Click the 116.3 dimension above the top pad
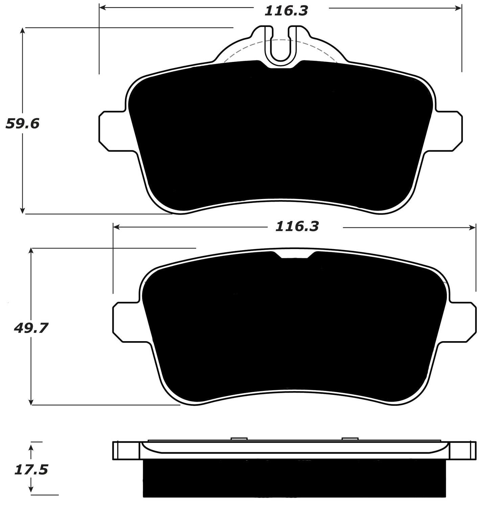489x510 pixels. pyautogui.click(x=286, y=11)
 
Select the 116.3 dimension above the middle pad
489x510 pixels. pyautogui.click(x=297, y=226)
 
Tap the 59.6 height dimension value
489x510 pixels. pyautogui.click(x=23, y=124)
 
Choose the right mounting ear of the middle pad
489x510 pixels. pyautogui.click(x=463, y=322)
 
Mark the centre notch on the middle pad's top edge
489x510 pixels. pyautogui.click(x=294, y=256)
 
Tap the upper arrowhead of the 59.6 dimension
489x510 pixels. pyautogui.click(x=23, y=31)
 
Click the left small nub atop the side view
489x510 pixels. pyautogui.click(x=239, y=439)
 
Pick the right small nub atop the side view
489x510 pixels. pyautogui.click(x=350, y=439)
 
